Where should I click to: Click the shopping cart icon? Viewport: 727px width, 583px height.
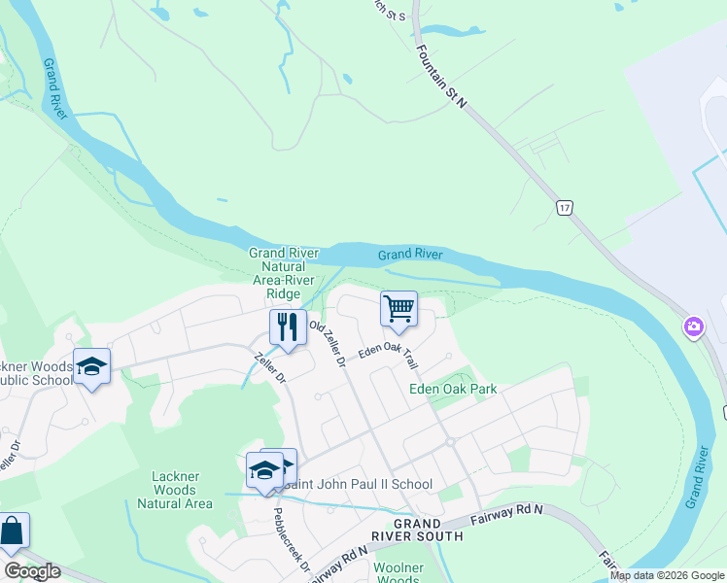(398, 310)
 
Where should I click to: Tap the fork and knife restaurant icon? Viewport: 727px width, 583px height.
(287, 326)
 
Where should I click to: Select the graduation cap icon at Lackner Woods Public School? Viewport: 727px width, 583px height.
(91, 366)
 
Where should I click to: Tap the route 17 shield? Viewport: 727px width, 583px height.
(565, 207)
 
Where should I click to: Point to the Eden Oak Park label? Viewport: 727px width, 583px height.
(453, 389)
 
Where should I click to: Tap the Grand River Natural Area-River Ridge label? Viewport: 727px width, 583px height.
(276, 273)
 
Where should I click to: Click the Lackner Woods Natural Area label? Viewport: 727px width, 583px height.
(175, 490)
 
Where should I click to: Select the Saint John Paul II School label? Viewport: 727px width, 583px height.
(356, 484)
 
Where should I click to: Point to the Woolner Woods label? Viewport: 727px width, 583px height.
(398, 572)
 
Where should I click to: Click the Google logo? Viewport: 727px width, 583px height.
(33, 571)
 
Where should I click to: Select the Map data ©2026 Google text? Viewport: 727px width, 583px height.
(668, 575)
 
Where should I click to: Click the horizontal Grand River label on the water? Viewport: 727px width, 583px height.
(410, 255)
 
